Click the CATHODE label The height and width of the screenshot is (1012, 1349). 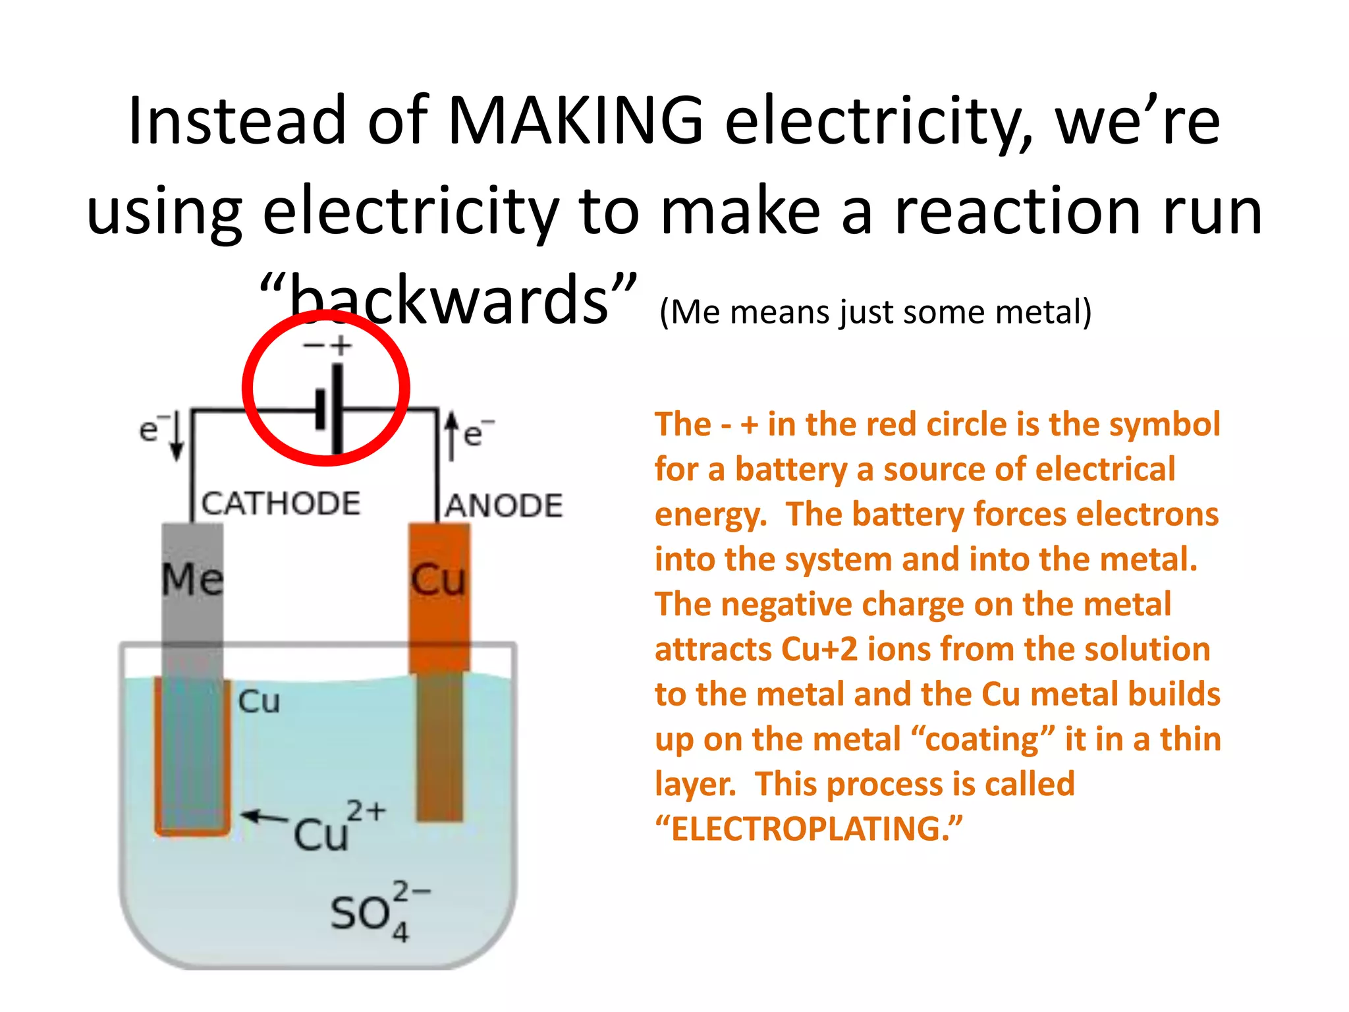[x=281, y=504]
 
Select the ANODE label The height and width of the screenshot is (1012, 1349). [x=504, y=506]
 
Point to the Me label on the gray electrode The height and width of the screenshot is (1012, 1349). [x=192, y=580]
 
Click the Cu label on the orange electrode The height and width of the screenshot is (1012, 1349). [x=438, y=580]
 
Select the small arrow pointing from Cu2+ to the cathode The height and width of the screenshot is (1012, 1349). [x=263, y=818]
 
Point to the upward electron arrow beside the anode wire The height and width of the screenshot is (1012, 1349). [x=451, y=435]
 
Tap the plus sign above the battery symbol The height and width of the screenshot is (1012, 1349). [x=341, y=345]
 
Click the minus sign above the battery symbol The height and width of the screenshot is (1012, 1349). [x=313, y=345]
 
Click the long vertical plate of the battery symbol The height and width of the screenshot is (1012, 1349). [x=337, y=408]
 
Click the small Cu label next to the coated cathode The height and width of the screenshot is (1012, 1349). [x=259, y=702]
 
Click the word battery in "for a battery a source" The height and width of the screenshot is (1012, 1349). [x=790, y=470]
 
